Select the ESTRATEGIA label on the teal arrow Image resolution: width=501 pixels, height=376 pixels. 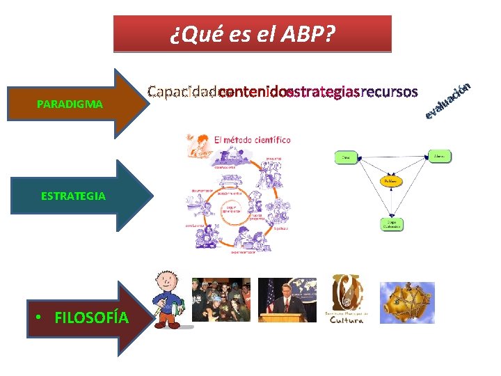point(73,196)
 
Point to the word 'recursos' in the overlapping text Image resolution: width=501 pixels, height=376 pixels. point(390,92)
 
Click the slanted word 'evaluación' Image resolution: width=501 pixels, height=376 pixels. point(450,100)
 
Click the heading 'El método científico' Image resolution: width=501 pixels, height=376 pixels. point(252,140)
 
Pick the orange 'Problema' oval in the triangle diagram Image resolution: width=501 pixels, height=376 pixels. point(392,181)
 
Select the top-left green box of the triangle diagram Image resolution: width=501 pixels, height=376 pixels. point(346,157)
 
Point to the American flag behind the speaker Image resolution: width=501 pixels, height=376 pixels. point(269,296)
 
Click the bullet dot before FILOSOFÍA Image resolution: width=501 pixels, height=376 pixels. point(42,318)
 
